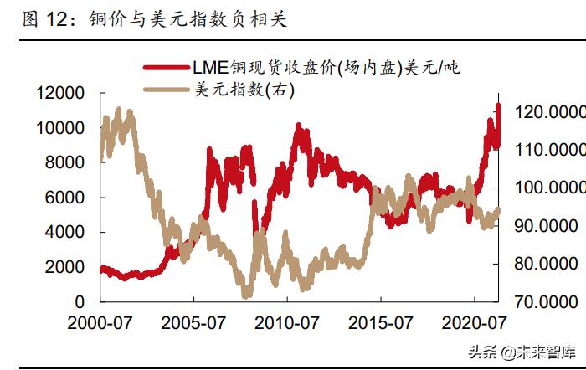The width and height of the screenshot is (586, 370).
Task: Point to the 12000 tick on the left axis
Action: click(x=61, y=93)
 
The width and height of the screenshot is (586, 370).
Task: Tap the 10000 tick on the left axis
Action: click(x=61, y=128)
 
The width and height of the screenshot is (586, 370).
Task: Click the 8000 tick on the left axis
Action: click(x=66, y=162)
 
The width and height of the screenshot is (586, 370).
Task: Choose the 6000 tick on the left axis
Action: click(x=66, y=198)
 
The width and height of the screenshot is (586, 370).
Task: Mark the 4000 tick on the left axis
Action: click(x=66, y=232)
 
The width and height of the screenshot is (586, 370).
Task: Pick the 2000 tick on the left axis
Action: click(x=66, y=266)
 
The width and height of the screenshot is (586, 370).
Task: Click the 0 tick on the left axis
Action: click(x=80, y=301)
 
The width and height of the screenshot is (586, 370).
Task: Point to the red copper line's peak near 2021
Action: click(x=498, y=105)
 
